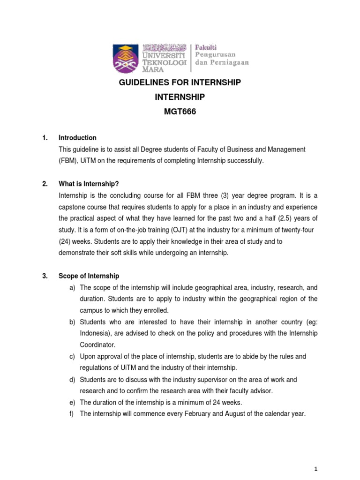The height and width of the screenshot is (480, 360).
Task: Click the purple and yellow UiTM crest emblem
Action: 126,58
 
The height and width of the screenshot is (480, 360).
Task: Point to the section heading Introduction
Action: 77,138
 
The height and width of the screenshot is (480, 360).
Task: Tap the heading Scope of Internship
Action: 89,276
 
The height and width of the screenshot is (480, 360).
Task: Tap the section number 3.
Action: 45,276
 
